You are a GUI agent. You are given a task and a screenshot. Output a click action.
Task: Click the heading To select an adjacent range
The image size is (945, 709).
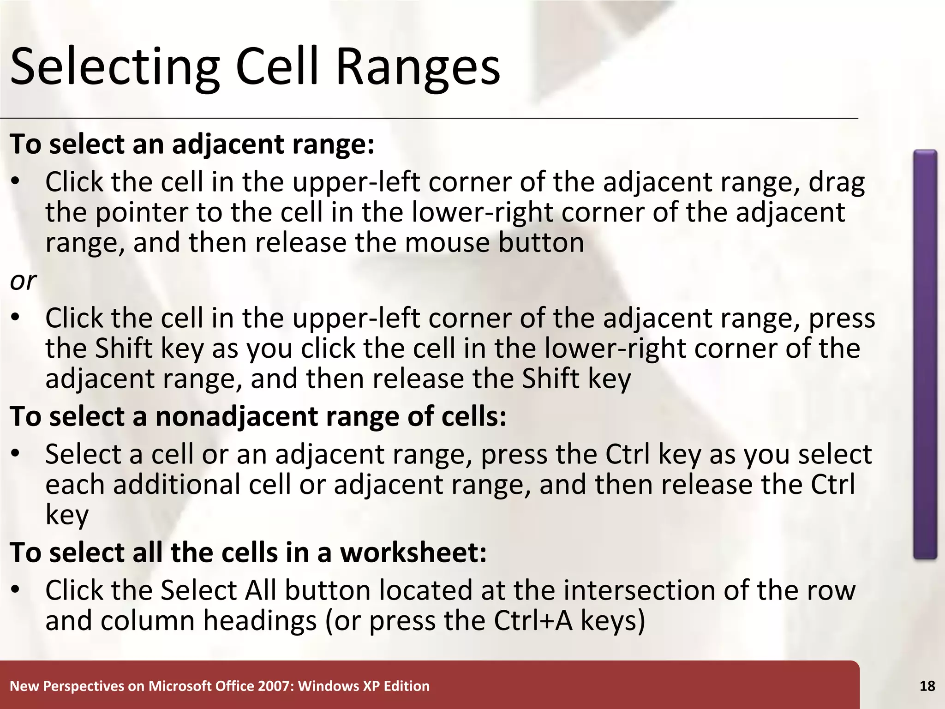pos(192,144)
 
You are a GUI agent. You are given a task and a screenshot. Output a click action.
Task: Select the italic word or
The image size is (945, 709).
pos(23,281)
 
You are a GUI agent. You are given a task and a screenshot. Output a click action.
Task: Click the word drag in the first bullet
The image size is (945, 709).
pos(837,183)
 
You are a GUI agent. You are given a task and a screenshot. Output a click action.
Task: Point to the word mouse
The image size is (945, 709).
pos(447,243)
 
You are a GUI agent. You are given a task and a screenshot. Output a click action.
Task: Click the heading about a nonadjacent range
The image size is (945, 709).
pos(258,416)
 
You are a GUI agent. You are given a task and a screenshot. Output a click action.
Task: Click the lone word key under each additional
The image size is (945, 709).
pos(67,516)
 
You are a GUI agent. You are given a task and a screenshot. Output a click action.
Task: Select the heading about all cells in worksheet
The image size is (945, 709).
pos(248,553)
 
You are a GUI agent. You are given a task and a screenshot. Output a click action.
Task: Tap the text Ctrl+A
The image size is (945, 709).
pos(533,621)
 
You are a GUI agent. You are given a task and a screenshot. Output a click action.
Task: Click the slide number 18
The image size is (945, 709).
pos(927,686)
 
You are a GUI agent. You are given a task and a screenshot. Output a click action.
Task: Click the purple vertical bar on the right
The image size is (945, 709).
pos(925,354)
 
